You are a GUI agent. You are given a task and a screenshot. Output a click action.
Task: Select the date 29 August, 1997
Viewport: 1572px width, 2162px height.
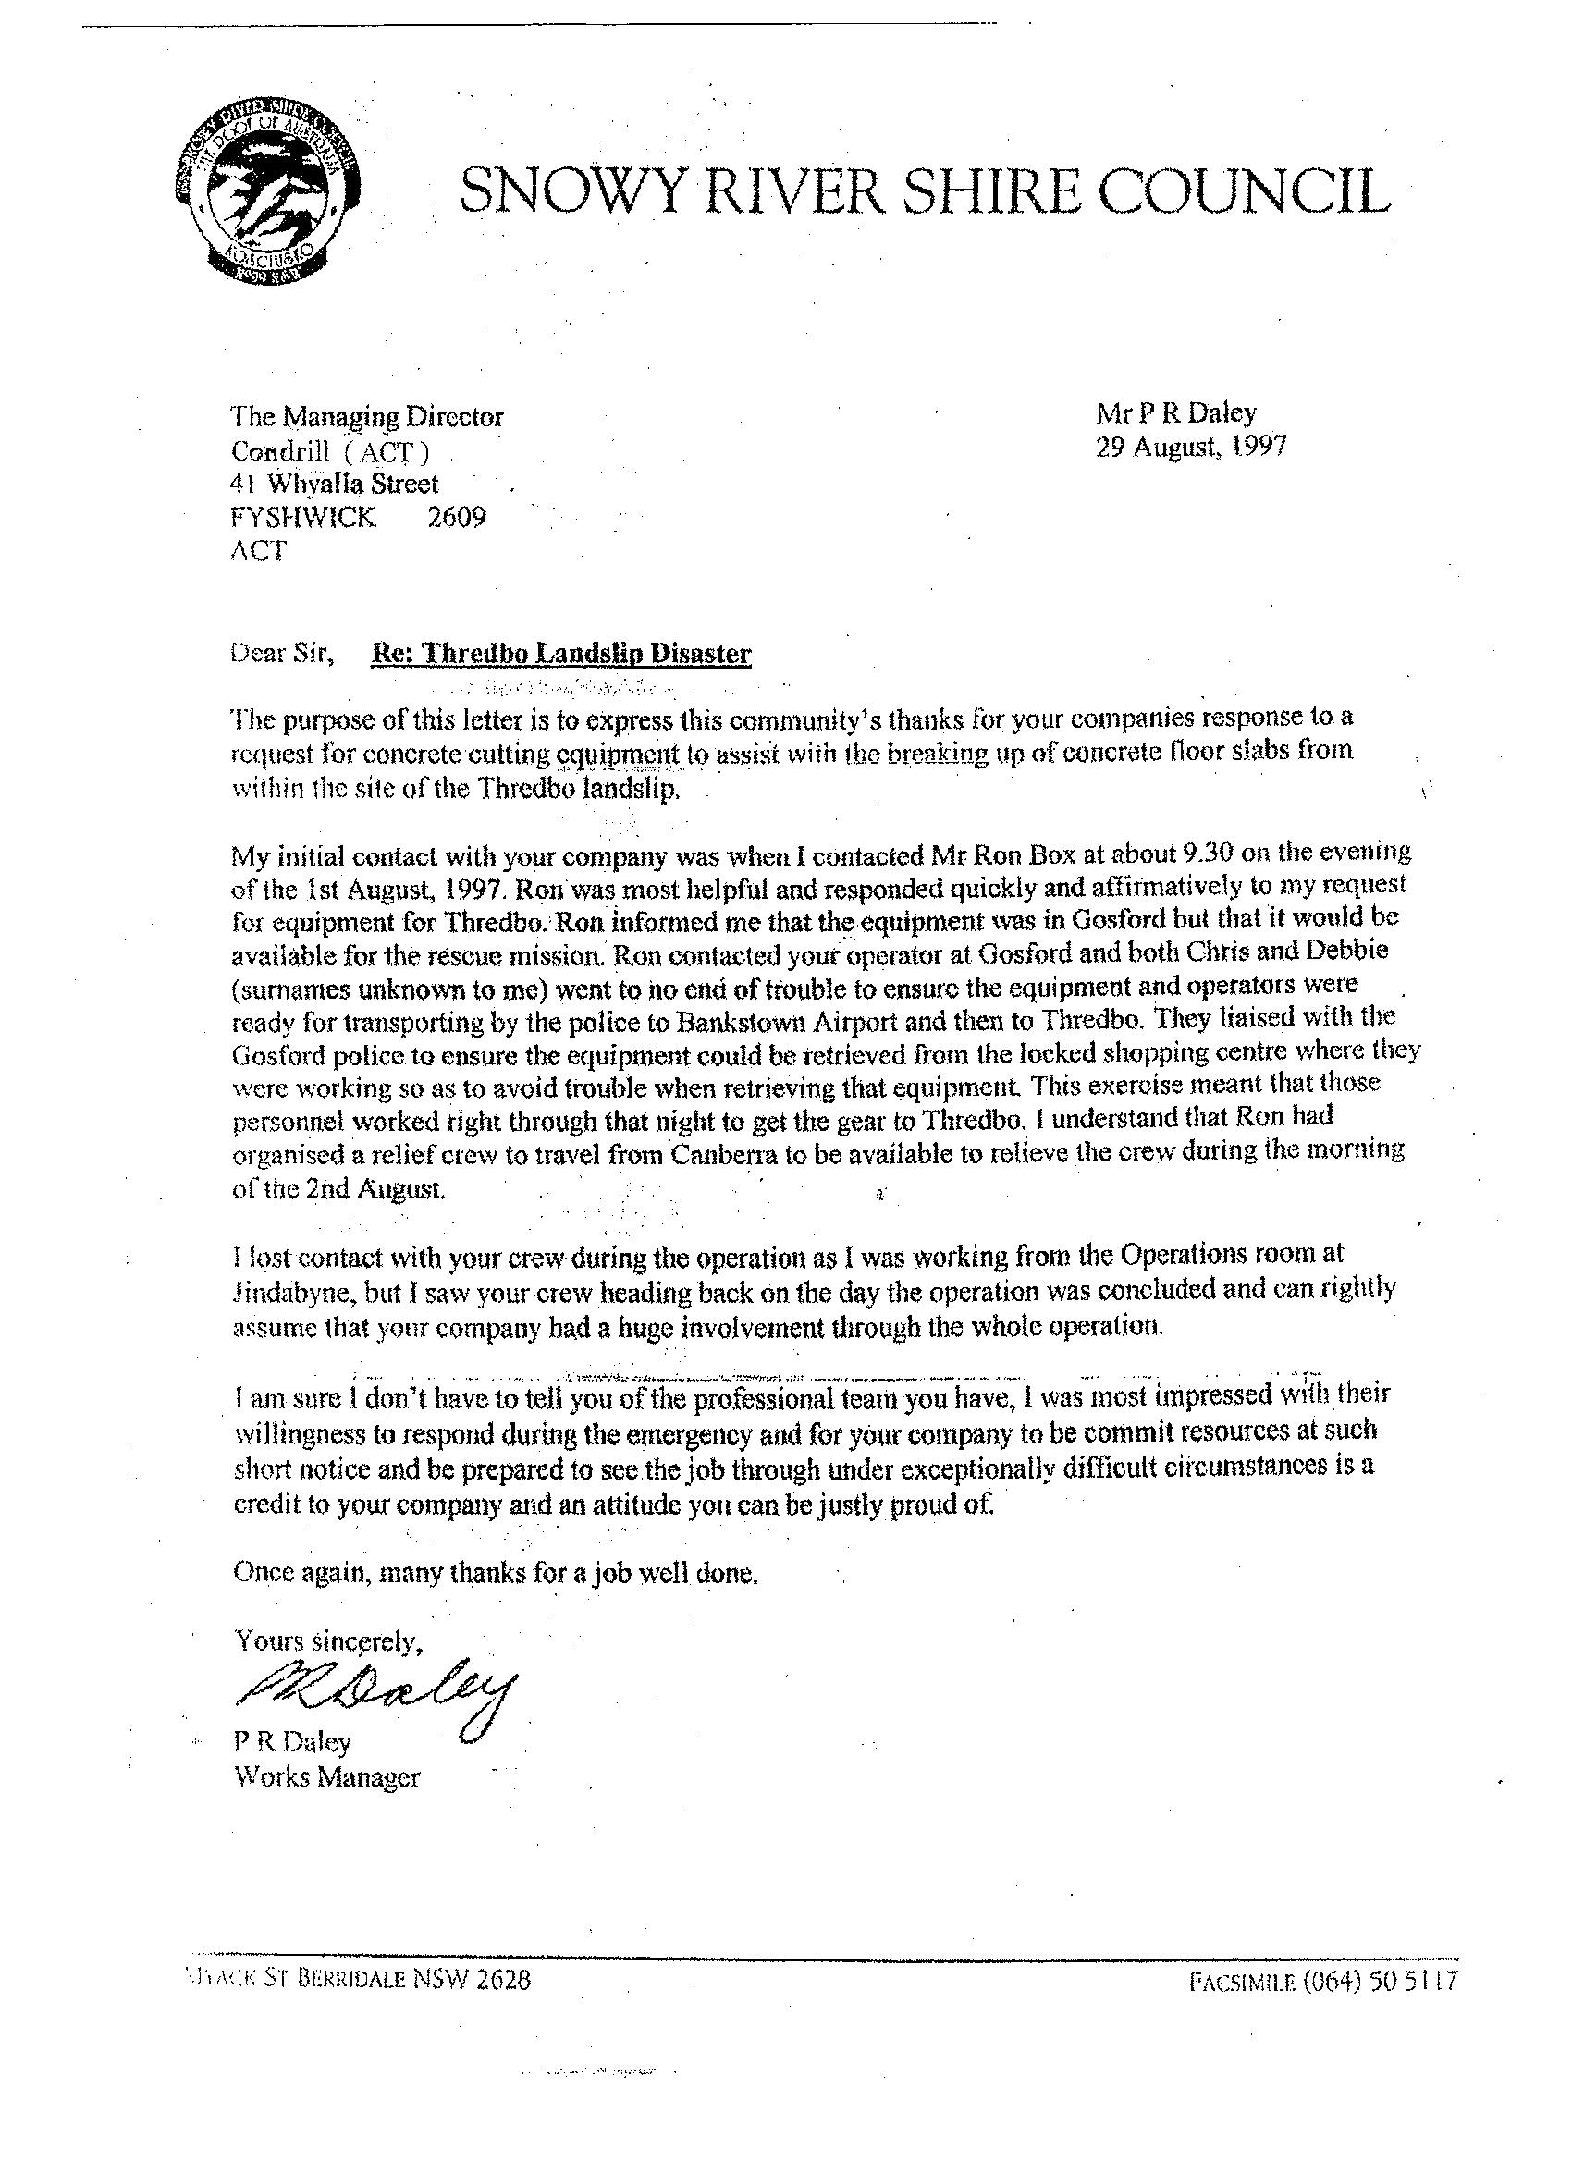pyautogui.click(x=1191, y=446)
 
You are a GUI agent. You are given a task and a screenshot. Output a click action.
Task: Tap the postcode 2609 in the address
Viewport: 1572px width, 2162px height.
pyautogui.click(x=458, y=517)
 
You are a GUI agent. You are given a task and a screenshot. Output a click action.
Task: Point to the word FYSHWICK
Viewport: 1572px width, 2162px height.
pyautogui.click(x=304, y=518)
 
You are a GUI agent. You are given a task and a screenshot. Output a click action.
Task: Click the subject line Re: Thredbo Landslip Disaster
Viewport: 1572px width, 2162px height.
pyautogui.click(x=560, y=654)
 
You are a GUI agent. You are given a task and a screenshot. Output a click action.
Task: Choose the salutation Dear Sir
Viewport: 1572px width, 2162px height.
pyautogui.click(x=282, y=654)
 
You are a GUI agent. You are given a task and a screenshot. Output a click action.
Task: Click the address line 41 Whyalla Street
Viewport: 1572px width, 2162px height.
pyautogui.click(x=335, y=484)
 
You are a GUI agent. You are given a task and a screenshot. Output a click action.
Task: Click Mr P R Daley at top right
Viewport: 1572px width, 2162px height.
pyautogui.click(x=1176, y=412)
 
